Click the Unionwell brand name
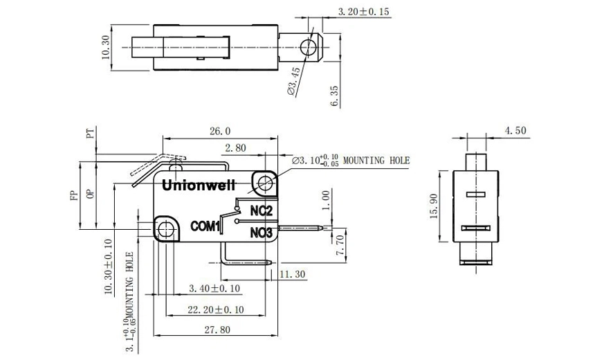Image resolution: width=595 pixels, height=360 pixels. (199, 186)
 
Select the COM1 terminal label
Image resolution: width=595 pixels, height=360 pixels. (205, 226)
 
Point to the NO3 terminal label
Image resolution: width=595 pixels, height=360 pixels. (260, 232)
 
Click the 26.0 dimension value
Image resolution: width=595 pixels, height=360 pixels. (219, 131)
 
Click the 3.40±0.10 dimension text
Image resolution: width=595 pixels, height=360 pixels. (214, 288)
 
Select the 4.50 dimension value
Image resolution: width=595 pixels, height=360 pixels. (515, 130)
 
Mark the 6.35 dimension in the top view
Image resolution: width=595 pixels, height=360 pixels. (336, 96)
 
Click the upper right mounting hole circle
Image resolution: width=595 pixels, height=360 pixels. (265, 183)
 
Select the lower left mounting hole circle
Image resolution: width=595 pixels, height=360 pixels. (165, 229)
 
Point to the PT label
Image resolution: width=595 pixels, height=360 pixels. (89, 134)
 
